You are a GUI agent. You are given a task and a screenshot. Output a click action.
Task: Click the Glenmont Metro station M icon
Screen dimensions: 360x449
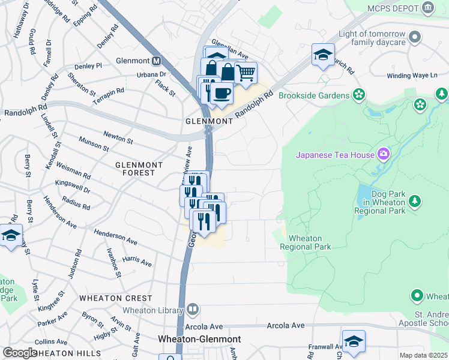pos(157,61)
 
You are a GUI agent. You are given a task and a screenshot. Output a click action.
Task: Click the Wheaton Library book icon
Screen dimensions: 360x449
pos(192,310)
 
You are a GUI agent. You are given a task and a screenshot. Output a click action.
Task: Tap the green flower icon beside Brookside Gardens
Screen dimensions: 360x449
pos(359,95)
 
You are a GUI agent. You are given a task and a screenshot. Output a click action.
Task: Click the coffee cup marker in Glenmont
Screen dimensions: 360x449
pos(222,94)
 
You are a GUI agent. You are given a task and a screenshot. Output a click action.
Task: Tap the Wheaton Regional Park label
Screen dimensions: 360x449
pos(310,242)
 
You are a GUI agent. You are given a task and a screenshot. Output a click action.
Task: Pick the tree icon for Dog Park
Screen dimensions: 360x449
pos(414,201)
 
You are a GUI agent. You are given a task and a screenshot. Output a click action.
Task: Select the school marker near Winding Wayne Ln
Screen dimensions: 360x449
pos(323,56)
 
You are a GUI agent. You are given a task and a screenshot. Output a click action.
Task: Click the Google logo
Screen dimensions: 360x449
pos(19,353)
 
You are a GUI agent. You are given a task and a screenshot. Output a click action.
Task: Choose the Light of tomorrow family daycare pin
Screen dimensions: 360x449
pos(414,38)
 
